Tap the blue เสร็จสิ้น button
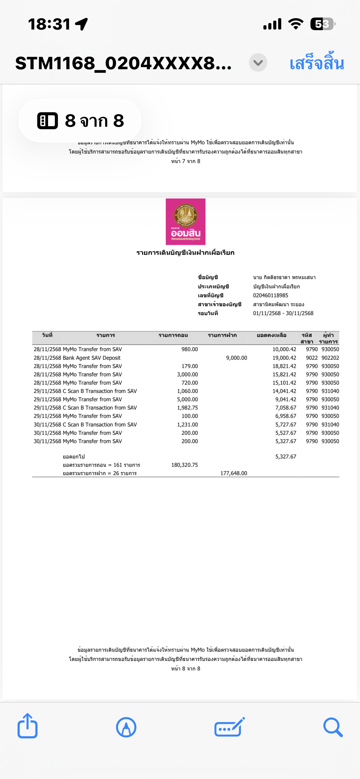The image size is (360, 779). click(x=317, y=63)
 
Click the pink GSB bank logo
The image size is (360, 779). click(x=186, y=222)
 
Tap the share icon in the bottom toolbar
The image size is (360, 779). click(x=27, y=726)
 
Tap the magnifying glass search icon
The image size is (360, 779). click(x=333, y=727)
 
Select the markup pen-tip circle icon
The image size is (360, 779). click(x=126, y=727)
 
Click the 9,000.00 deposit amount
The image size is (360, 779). click(x=236, y=358)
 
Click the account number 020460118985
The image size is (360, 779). click(x=270, y=295)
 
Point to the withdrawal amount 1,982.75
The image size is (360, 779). click(x=187, y=408)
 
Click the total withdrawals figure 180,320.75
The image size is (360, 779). click(x=184, y=465)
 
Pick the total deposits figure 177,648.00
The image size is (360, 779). click(x=234, y=473)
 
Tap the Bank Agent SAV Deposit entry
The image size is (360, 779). click(x=92, y=358)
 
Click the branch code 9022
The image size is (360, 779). click(x=311, y=358)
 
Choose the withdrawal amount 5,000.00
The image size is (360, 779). click(x=187, y=399)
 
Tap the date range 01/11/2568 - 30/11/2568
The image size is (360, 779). click(x=283, y=313)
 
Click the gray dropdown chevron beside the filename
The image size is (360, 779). click(x=258, y=63)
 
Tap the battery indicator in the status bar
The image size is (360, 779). click(x=322, y=24)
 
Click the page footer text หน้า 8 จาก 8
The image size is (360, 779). click(x=186, y=669)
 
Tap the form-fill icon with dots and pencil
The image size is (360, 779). click(x=229, y=727)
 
